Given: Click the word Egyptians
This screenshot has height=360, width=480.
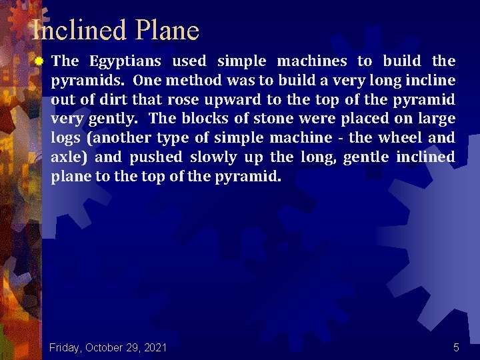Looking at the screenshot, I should pyautogui.click(x=126, y=61).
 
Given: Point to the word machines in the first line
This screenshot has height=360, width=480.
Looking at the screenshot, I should pyautogui.click(x=311, y=61).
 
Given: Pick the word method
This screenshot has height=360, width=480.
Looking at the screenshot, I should pyautogui.click(x=191, y=81).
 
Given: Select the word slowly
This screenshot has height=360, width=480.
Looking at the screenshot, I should pyautogui.click(x=213, y=158).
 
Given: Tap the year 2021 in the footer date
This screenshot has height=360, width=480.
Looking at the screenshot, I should pyautogui.click(x=154, y=347).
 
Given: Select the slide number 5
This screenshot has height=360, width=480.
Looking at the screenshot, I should pyautogui.click(x=456, y=347).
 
